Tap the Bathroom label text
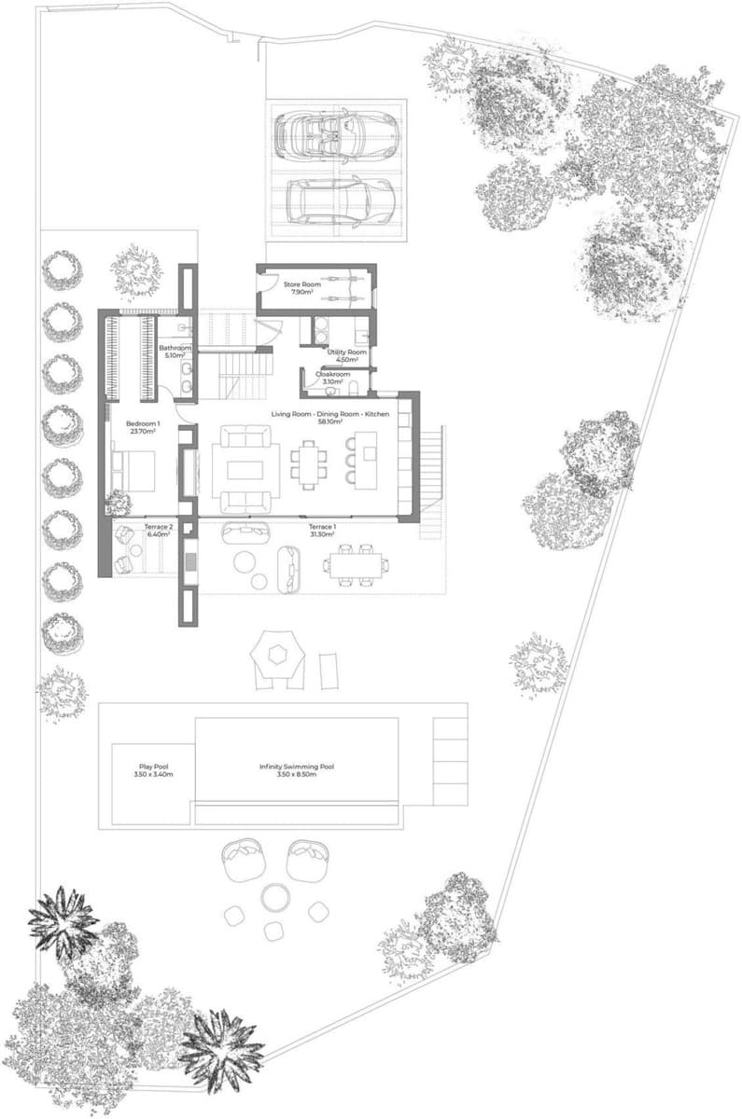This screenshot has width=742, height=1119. (175, 348)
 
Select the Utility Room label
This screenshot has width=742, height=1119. (346, 352)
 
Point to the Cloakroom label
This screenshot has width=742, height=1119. (332, 374)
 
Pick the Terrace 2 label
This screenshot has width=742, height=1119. (157, 528)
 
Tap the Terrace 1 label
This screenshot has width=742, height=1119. (323, 528)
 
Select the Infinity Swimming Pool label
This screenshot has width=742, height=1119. (297, 767)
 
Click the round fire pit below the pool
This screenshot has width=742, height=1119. (274, 898)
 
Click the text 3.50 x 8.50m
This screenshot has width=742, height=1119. (297, 775)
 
